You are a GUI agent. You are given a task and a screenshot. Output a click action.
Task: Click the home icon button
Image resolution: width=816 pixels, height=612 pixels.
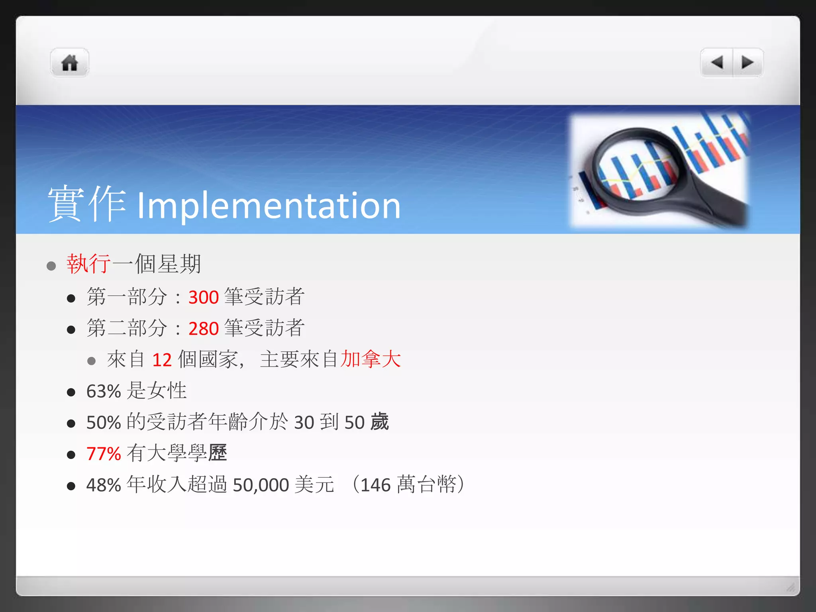pos(69,63)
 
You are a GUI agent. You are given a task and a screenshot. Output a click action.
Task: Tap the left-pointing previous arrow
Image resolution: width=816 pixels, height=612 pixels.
pos(717,63)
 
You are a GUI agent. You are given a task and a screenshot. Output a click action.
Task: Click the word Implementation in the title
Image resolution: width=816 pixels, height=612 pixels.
pos(269,206)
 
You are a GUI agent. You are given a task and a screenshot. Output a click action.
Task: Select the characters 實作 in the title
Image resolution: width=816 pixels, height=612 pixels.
pos(87,203)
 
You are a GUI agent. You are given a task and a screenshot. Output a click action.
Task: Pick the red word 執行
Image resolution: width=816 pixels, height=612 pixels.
pos(88,264)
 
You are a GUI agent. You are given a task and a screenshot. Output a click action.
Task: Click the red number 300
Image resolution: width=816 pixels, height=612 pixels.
pos(204,297)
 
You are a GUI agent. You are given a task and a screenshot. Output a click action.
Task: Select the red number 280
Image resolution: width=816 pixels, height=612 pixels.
pos(204,329)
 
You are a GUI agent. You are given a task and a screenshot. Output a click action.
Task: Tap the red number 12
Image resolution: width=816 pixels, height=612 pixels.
pos(162,360)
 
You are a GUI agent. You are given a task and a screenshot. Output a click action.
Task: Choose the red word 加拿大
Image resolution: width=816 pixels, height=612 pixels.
pos(371,359)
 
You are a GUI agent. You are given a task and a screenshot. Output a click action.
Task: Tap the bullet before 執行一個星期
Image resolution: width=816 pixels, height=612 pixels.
pos(51,266)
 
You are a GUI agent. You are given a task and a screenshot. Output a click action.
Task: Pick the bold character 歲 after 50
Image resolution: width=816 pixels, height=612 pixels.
pos(379,422)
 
